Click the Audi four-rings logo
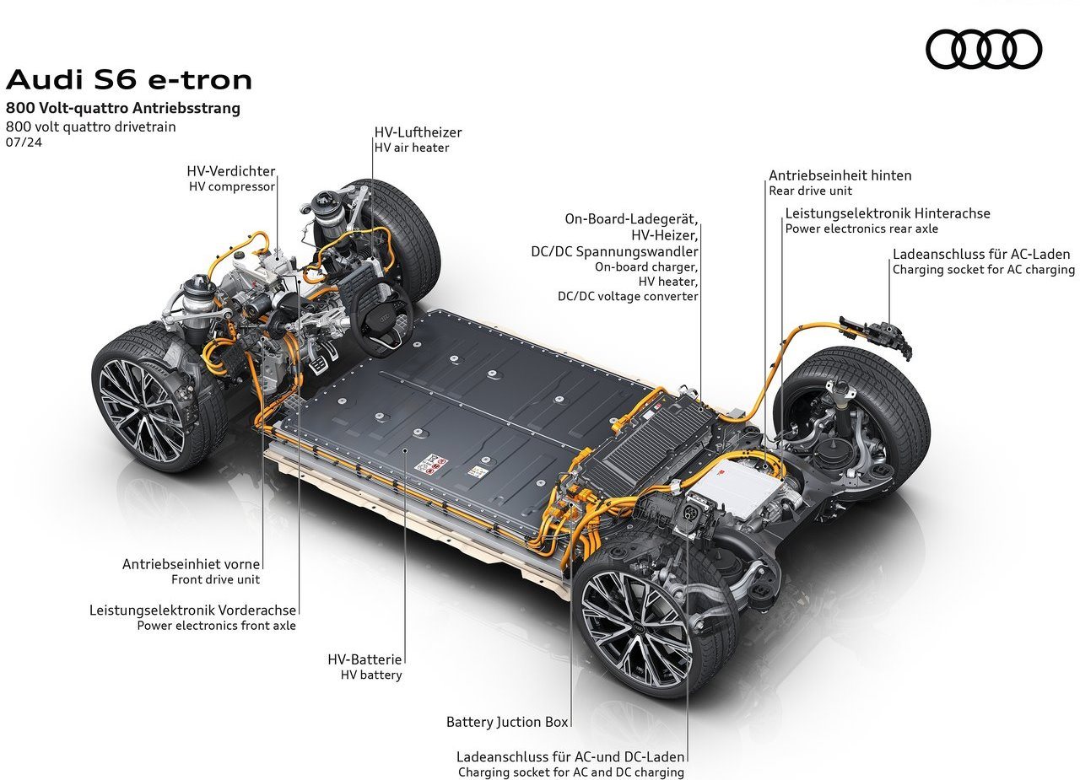[x=984, y=49]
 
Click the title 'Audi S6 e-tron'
[x=129, y=79]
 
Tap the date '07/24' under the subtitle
[x=24, y=143]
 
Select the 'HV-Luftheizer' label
[x=418, y=132]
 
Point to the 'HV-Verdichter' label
[x=231, y=171]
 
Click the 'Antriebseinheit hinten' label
[x=840, y=175]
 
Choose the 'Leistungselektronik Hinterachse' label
[x=888, y=213]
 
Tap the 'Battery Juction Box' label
[x=507, y=722]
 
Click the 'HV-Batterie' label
[x=364, y=659]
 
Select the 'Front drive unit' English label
[x=215, y=579]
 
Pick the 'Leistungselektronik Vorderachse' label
[x=192, y=610]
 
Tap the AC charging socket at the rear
[x=877, y=336]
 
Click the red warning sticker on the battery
[x=430, y=464]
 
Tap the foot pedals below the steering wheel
[x=323, y=359]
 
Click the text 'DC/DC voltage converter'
[x=628, y=296]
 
